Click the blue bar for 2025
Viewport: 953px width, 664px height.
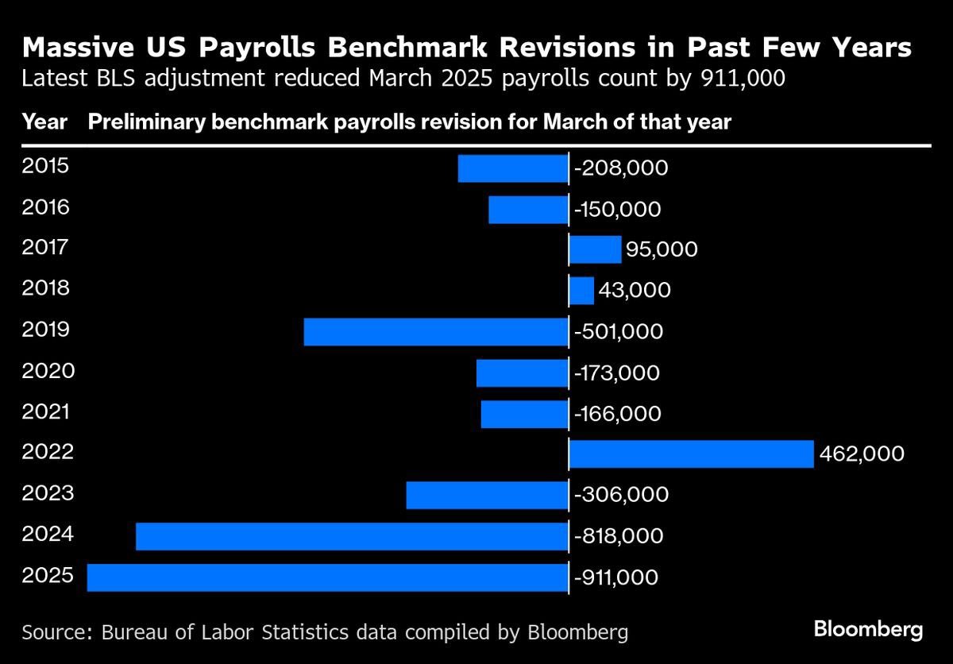(x=327, y=577)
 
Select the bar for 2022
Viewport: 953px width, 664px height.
(x=691, y=454)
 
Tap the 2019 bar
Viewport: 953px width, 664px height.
(x=436, y=332)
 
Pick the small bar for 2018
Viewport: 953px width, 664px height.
(x=581, y=291)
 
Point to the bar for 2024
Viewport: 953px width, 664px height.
(x=352, y=536)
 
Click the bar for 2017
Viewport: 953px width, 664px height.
(x=595, y=249)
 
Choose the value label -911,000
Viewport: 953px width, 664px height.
(x=615, y=577)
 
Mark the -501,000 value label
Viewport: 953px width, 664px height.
(x=618, y=332)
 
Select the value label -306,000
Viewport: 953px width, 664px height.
(x=620, y=495)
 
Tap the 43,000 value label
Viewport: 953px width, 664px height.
(x=635, y=291)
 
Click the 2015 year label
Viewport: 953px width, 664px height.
(x=46, y=167)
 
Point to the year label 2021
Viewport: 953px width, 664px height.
(x=46, y=411)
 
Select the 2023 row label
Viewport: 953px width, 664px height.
(x=48, y=493)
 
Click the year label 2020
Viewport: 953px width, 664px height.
(x=48, y=371)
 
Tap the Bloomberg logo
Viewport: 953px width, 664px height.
(x=868, y=631)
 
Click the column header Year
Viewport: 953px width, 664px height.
(x=44, y=123)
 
